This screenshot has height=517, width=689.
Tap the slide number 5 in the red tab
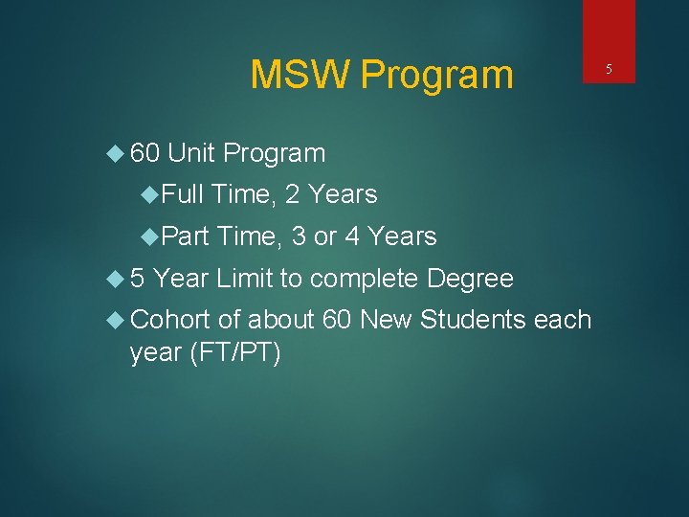pyautogui.click(x=609, y=68)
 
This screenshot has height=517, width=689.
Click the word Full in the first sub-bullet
pyautogui.click(x=183, y=194)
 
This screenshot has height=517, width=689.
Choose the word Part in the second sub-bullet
pyautogui.click(x=185, y=236)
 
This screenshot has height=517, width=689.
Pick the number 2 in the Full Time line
pyautogui.click(x=293, y=194)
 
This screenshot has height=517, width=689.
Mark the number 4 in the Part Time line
pyautogui.click(x=351, y=236)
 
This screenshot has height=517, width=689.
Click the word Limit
pyautogui.click(x=245, y=279)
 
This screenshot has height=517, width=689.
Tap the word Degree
pyautogui.click(x=470, y=279)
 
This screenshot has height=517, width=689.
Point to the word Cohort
pyautogui.click(x=169, y=319)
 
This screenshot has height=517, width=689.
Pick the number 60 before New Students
pyautogui.click(x=337, y=319)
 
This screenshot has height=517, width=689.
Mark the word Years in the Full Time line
pyautogui.click(x=344, y=194)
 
